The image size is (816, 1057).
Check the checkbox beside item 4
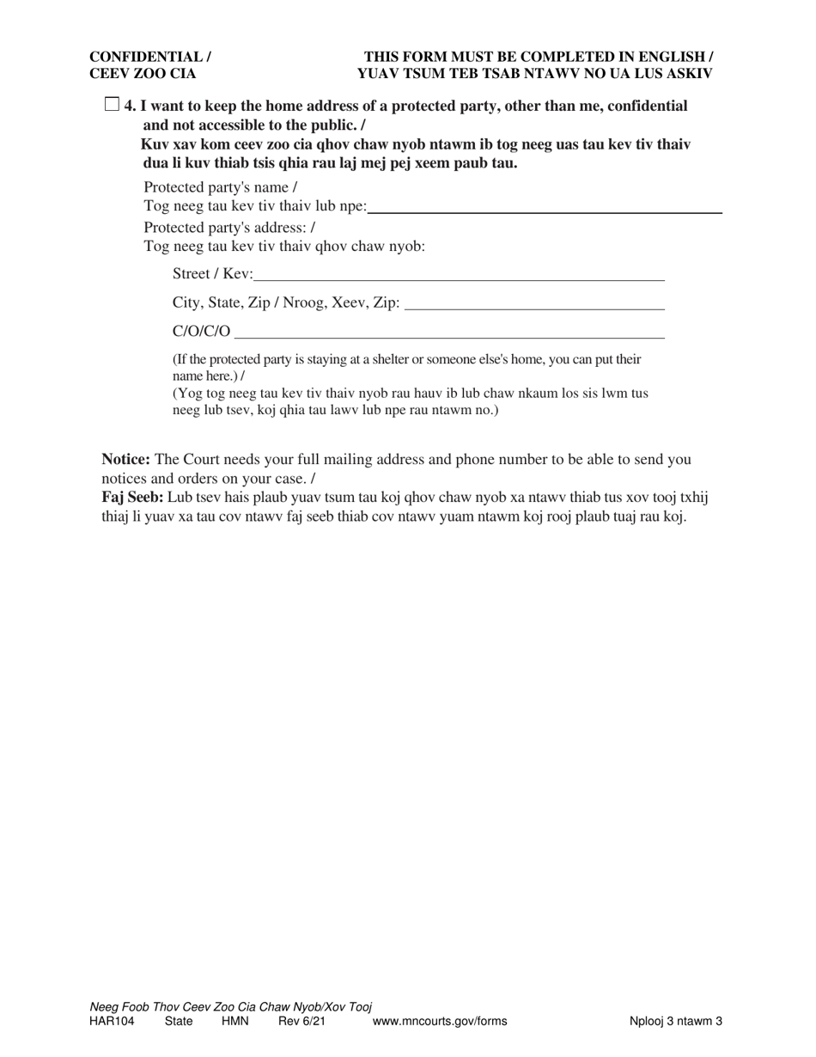112,105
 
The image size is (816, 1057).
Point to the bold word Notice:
126,460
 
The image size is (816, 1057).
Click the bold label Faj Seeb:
132,498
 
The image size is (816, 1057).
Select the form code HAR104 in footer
112,1022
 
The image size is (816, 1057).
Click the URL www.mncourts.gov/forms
439,1022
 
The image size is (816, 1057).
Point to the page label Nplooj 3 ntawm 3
675,1022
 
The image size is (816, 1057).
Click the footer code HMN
234,1022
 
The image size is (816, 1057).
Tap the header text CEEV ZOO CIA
143,74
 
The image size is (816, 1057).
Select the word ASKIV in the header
687,74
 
